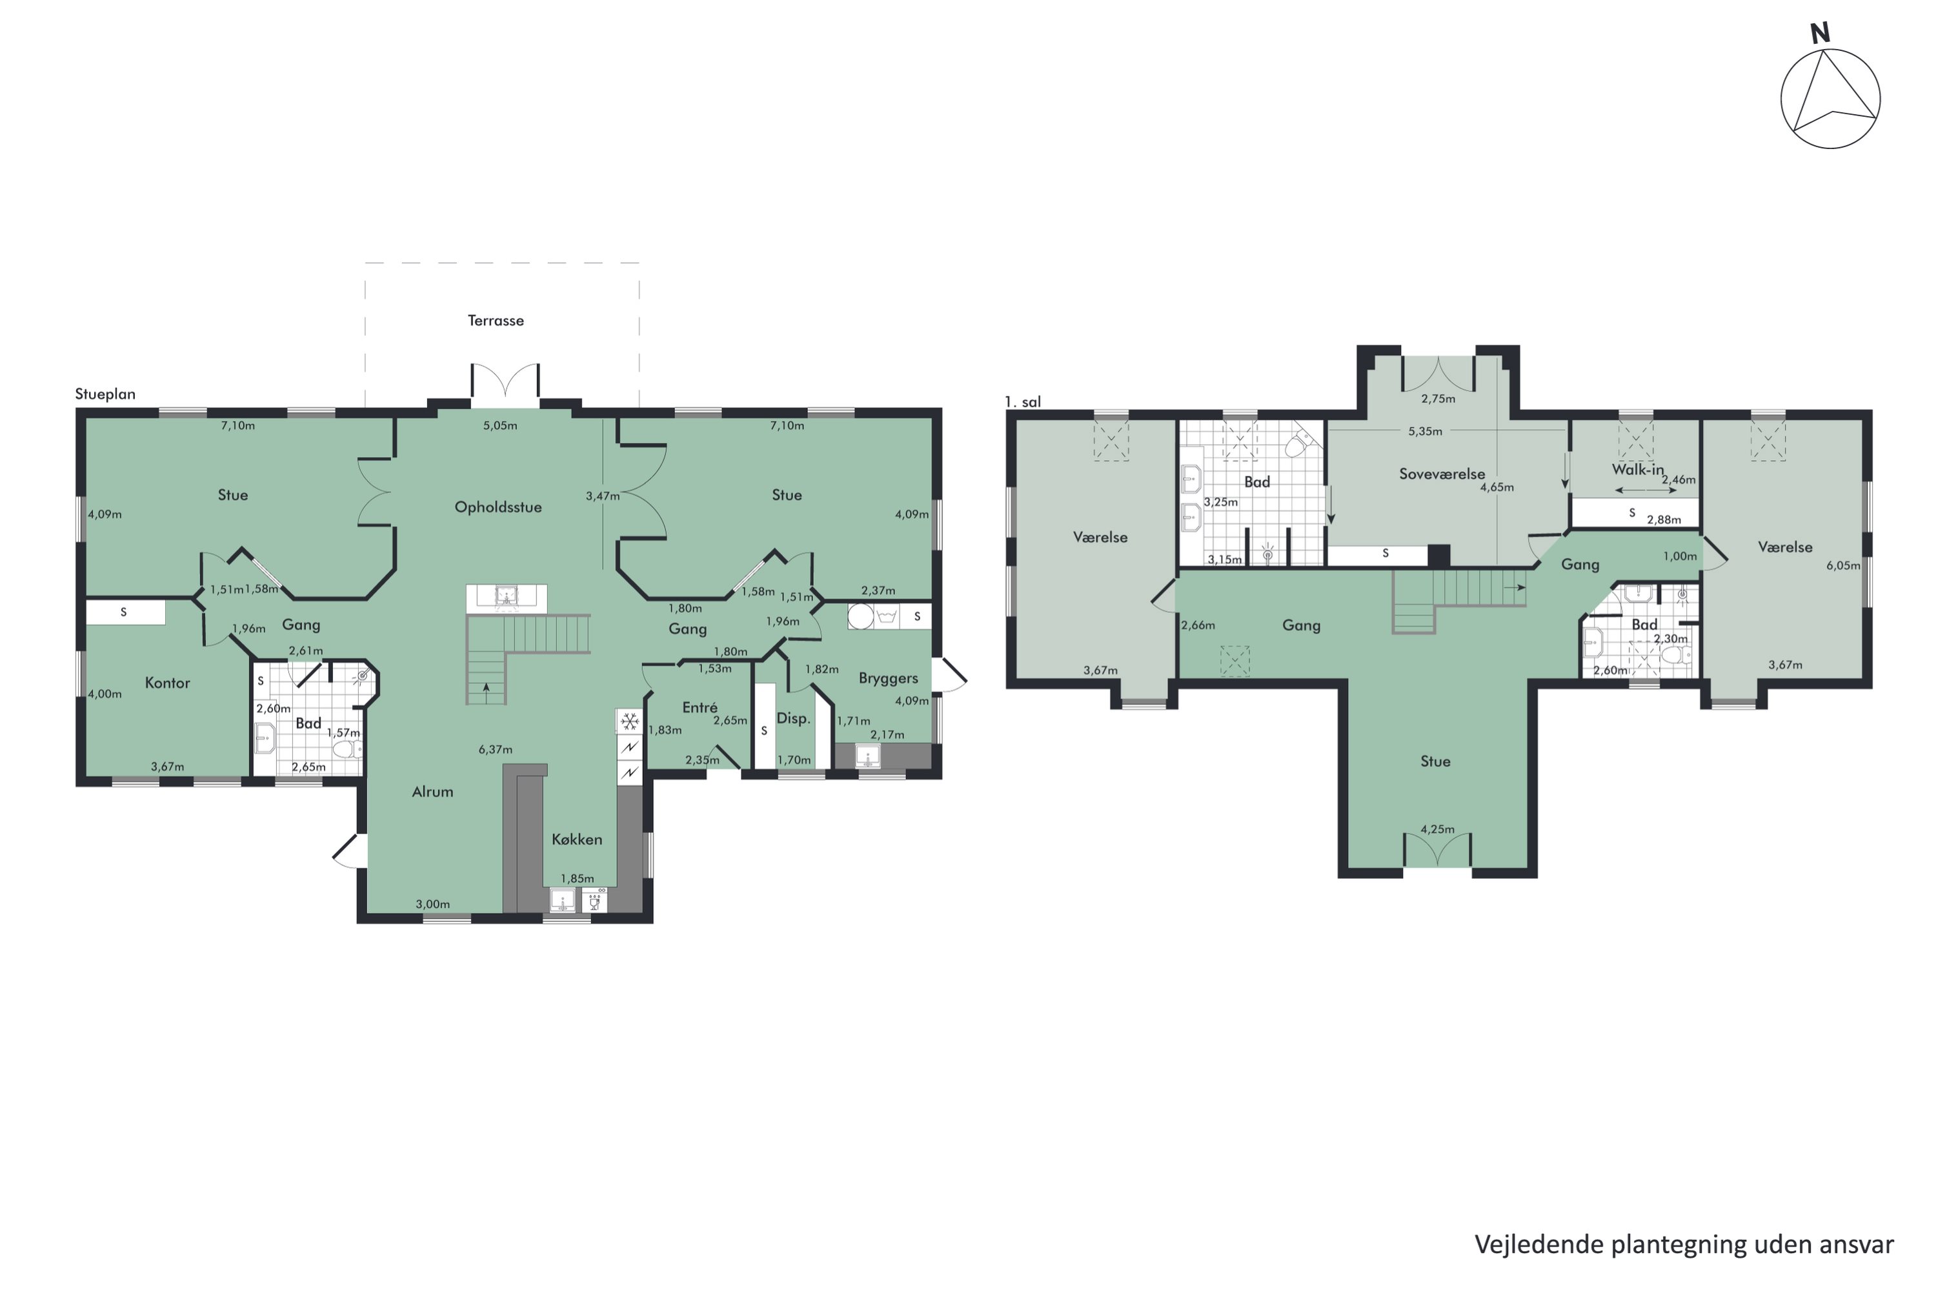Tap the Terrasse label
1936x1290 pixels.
496,321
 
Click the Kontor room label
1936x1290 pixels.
167,683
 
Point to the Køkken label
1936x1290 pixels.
577,839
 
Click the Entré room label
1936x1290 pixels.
700,707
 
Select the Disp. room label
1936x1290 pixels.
793,718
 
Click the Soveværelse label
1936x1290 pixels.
1442,474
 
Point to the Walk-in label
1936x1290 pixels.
1637,470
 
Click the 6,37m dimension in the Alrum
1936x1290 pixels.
496,749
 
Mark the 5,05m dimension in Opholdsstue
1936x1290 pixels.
500,426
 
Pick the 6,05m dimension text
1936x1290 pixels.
1843,565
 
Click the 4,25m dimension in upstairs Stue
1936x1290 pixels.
1437,829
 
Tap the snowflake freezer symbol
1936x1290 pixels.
629,722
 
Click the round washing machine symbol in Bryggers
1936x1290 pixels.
861,617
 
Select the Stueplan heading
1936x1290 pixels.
105,394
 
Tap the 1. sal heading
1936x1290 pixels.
1023,401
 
